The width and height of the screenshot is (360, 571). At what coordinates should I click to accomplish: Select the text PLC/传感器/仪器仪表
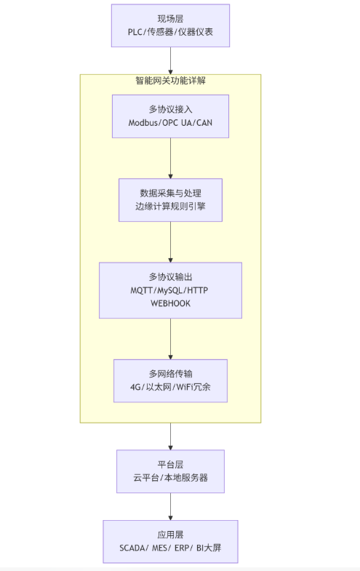pyautogui.click(x=170, y=33)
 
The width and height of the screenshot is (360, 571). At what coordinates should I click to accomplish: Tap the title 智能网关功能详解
pyautogui.click(x=170, y=81)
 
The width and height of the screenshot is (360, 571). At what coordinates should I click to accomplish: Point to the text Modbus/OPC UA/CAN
pyautogui.click(x=170, y=123)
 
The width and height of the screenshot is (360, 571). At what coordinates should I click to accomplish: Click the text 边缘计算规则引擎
pyautogui.click(x=170, y=207)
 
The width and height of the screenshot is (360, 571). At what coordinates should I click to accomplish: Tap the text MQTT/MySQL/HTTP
pyautogui.click(x=170, y=290)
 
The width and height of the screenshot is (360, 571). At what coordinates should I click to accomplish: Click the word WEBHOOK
pyautogui.click(x=170, y=303)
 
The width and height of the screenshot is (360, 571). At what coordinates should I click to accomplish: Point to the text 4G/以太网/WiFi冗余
pyautogui.click(x=170, y=388)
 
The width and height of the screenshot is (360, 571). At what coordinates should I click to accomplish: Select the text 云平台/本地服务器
pyautogui.click(x=170, y=478)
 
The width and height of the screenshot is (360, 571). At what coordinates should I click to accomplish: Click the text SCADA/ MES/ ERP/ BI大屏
pyautogui.click(x=170, y=548)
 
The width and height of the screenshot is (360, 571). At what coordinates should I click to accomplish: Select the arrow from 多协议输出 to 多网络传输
pyautogui.click(x=170, y=338)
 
